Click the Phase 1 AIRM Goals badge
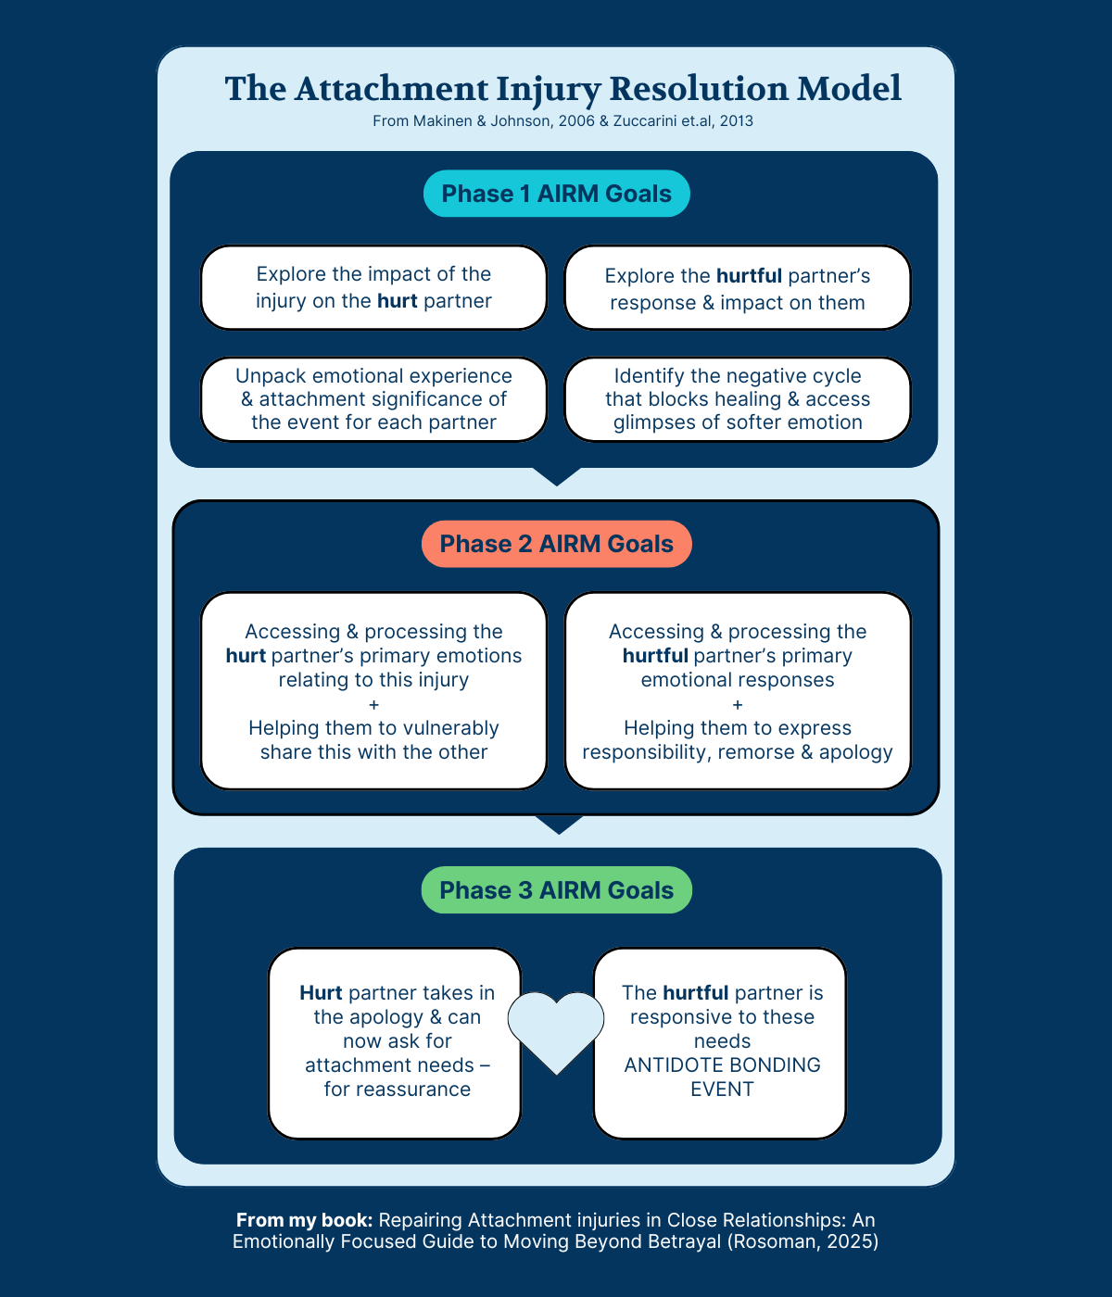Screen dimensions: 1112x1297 pyautogui.click(x=557, y=194)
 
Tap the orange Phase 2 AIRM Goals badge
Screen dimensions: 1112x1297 pyautogui.click(x=557, y=544)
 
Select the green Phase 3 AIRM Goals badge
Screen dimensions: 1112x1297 pyautogui.click(x=557, y=889)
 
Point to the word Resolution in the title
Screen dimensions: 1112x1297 pyautogui.click(x=699, y=89)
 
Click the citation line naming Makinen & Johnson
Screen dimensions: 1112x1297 pyautogui.click(x=562, y=121)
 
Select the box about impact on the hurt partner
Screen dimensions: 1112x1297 pyautogui.click(x=373, y=287)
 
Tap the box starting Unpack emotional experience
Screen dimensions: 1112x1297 pyautogui.click(x=373, y=399)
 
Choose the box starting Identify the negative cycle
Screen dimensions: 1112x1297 pyautogui.click(x=738, y=399)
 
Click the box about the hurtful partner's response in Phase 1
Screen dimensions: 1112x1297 pyautogui.click(x=738, y=287)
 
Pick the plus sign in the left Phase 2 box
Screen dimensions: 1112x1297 pyautogui.click(x=374, y=705)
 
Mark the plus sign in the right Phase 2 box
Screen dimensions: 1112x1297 pyautogui.click(x=738, y=705)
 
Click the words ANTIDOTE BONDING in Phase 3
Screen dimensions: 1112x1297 pyautogui.click(x=722, y=1064)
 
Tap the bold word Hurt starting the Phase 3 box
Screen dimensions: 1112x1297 pyautogui.click(x=321, y=993)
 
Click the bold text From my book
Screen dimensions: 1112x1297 pyautogui.click(x=304, y=1220)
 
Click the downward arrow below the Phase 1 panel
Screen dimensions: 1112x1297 pyautogui.click(x=557, y=476)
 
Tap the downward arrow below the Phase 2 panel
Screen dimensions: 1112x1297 pyautogui.click(x=559, y=825)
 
